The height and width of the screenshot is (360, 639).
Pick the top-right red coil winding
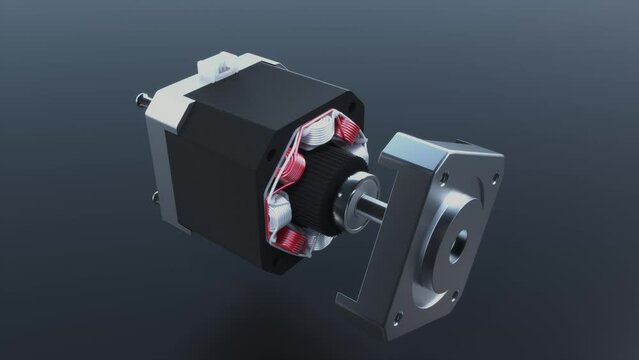(x=346, y=129)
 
